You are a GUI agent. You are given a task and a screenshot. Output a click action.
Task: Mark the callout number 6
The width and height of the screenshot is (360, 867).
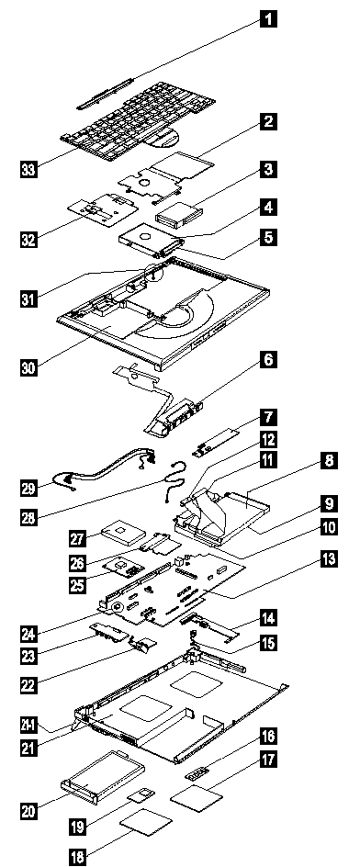point(268,361)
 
